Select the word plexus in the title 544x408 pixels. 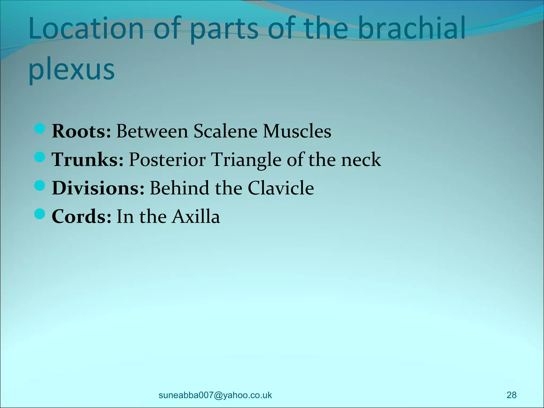pyautogui.click(x=71, y=70)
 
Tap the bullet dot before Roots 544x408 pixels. pyautogui.click(x=40, y=129)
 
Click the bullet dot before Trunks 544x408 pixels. pyautogui.click(x=40, y=157)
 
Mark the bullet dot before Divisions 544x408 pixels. pyautogui.click(x=40, y=186)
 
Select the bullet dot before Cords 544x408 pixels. pyautogui.click(x=40, y=214)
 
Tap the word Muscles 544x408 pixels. pyautogui.click(x=297, y=131)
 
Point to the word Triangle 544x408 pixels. pyautogui.click(x=246, y=160)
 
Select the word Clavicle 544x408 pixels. pyautogui.click(x=281, y=188)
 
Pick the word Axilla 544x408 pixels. pyautogui.click(x=196, y=216)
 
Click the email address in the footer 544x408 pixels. pyautogui.click(x=215, y=395)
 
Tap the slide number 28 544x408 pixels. pyautogui.click(x=511, y=395)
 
